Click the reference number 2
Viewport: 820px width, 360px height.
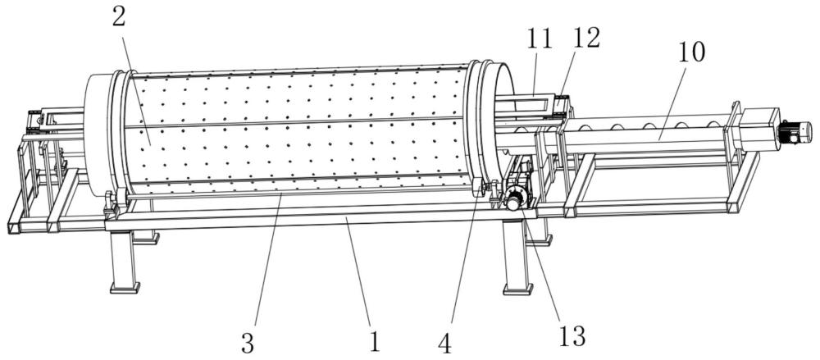pos(119,17)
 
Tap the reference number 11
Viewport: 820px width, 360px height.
pos(540,39)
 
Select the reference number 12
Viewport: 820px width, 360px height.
pos(585,38)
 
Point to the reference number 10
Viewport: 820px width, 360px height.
pos(690,52)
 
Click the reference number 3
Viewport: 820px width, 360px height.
pos(248,343)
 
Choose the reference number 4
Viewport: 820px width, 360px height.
pos(444,344)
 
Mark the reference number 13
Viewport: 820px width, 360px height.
pos(572,336)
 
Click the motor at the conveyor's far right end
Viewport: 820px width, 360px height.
pos(795,132)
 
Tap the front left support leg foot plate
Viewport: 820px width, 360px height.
pos(125,288)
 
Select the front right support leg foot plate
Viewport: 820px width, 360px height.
pos(517,289)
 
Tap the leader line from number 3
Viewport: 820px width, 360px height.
pos(268,261)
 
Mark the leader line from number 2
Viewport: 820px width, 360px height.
pos(136,86)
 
